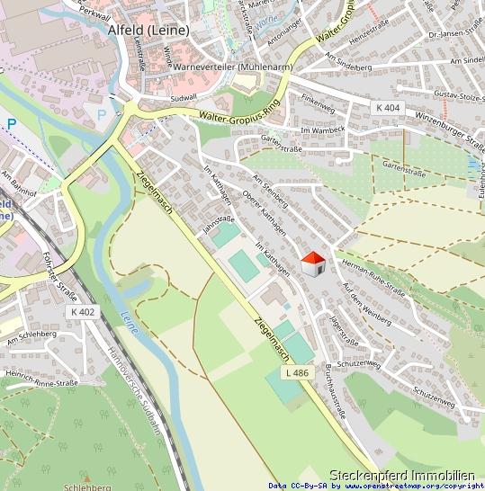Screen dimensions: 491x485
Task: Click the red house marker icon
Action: click(312, 264)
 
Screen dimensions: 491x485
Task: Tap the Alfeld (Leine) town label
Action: click(148, 30)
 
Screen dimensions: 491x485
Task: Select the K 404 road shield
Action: click(386, 108)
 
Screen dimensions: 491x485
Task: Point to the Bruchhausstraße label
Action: click(330, 396)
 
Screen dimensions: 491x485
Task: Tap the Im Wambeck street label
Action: click(322, 131)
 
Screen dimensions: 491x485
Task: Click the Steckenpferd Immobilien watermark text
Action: click(401, 475)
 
